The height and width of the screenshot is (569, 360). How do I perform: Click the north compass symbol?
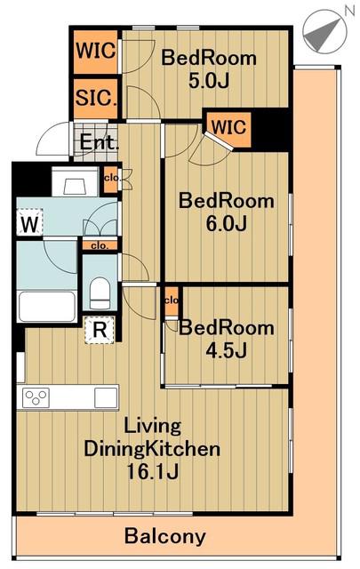tap(325, 32)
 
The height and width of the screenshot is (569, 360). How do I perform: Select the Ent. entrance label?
tap(99, 142)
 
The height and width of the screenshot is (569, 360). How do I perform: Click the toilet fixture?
tap(100, 293)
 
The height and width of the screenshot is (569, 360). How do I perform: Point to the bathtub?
tap(47, 306)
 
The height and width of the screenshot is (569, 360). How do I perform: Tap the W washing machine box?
tap(29, 222)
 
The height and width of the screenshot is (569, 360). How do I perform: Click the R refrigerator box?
tap(100, 330)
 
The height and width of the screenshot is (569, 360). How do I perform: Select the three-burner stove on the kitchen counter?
tap(36, 397)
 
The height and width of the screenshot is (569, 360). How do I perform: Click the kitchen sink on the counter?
tap(106, 397)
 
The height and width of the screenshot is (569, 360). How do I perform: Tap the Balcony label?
tap(165, 536)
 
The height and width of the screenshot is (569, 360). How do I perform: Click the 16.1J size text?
tap(152, 472)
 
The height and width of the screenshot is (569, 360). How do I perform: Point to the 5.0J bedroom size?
tap(209, 81)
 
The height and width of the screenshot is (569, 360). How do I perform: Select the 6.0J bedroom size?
tap(227, 223)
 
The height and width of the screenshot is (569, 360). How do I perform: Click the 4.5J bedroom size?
tap(227, 350)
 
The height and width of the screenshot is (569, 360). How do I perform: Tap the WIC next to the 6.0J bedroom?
tap(229, 127)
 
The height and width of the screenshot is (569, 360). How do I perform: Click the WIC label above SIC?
tap(96, 50)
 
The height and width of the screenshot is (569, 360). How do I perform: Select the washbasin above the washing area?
tap(76, 181)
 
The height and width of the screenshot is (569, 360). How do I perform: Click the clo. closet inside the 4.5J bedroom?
tap(172, 301)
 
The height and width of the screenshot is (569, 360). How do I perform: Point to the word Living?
tap(152, 427)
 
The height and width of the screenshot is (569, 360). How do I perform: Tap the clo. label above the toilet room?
tap(100, 246)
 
